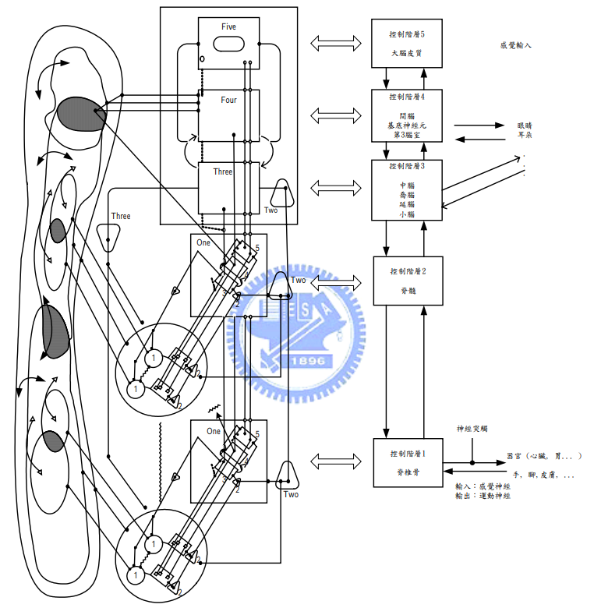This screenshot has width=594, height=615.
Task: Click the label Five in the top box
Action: pyautogui.click(x=228, y=27)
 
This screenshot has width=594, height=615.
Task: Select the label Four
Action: pyautogui.click(x=228, y=100)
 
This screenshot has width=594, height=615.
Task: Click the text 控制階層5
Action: pyautogui.click(x=405, y=35)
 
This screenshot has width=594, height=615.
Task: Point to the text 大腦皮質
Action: pyautogui.click(x=405, y=54)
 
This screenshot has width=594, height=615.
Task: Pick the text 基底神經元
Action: pyautogui.click(x=406, y=125)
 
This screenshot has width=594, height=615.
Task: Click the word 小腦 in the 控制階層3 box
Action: pyautogui.click(x=406, y=214)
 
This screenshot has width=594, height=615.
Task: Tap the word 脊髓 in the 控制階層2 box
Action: pyautogui.click(x=405, y=289)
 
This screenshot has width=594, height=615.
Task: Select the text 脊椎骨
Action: pyautogui.click(x=405, y=472)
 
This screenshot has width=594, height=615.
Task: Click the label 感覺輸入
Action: pyautogui.click(x=515, y=46)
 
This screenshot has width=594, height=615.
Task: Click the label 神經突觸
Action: pyautogui.click(x=472, y=429)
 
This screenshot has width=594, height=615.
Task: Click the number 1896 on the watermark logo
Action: pyautogui.click(x=309, y=362)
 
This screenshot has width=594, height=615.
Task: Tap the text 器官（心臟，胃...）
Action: pyautogui.click(x=544, y=455)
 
